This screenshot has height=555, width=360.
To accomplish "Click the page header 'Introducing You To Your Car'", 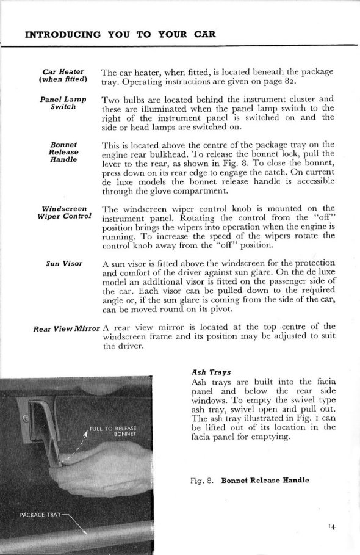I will coord(120,34).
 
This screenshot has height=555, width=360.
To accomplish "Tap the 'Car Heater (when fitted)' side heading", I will coord(63,76).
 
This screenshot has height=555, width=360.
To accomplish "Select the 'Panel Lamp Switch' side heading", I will coord(63,103).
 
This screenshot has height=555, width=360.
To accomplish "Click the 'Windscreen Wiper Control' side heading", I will coord(64,212).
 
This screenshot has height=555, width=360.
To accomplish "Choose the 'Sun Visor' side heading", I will coord(64,263).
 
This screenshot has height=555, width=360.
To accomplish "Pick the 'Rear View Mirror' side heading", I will coord(67,329).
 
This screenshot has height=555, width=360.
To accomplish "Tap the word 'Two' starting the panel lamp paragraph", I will coord(109,99).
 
